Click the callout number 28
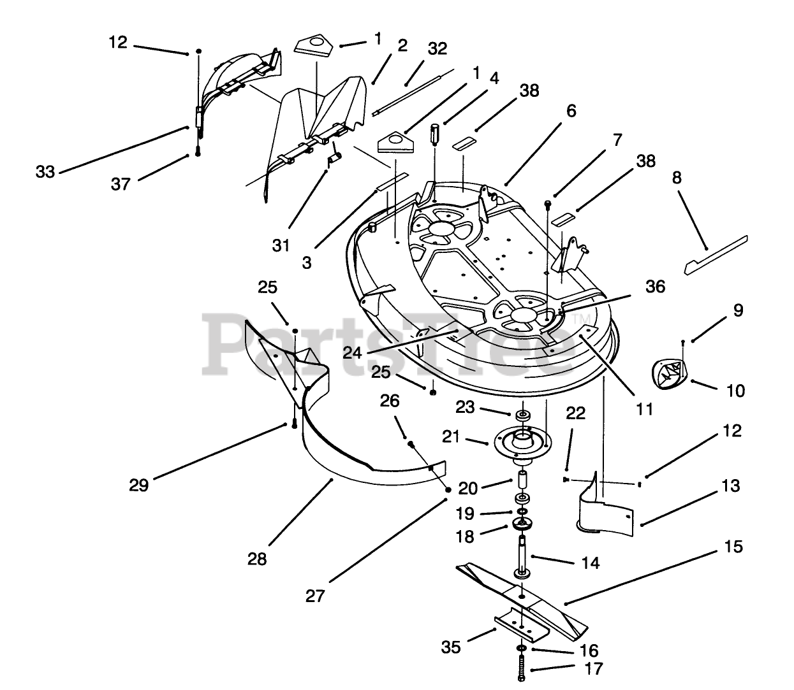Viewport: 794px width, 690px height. coord(257,559)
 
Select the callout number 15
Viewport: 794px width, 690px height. coord(734,547)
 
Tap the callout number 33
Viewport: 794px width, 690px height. coord(45,171)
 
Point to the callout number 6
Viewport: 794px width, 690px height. coord(571,111)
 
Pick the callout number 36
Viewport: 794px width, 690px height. coord(655,286)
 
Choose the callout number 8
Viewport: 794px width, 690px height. coord(677,178)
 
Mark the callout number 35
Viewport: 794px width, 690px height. coord(450,647)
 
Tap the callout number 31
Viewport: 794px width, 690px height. coord(281,245)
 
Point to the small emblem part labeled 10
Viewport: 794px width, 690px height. coord(670,371)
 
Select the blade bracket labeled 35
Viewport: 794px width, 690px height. coord(520,627)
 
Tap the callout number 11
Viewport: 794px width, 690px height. coord(645,408)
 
